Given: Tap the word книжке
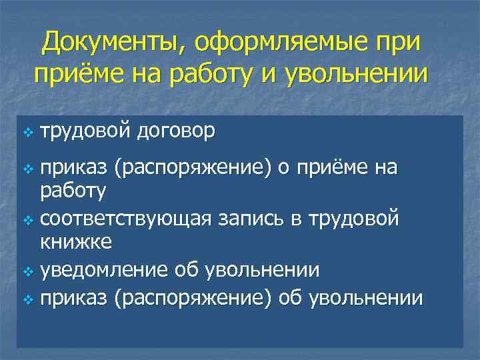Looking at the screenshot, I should point(76,241).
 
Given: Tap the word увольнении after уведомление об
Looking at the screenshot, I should point(263,271).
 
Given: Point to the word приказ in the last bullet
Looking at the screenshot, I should point(75,298).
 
